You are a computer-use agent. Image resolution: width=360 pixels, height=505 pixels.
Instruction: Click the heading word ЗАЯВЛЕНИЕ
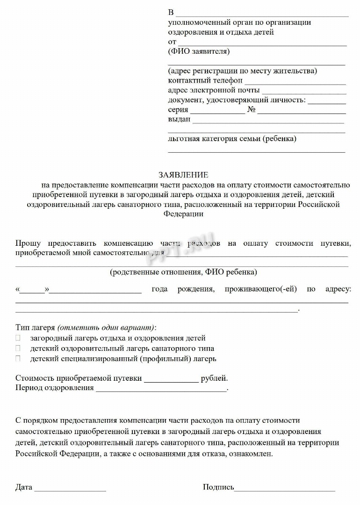click(x=183, y=175)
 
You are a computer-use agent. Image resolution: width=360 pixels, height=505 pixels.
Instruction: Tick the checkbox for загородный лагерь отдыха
click(x=18, y=338)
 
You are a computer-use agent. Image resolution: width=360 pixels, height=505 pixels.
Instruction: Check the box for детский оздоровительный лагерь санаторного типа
click(x=18, y=349)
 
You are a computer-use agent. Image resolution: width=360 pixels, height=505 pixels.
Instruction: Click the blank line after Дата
click(x=70, y=490)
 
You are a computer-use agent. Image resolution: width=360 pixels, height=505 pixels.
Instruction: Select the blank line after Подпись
click(x=285, y=490)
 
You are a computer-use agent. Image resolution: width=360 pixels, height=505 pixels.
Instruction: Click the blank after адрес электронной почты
click(x=304, y=92)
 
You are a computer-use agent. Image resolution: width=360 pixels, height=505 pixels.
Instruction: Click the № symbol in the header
click(x=251, y=110)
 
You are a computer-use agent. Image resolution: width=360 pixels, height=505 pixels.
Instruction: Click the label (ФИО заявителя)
click(x=199, y=51)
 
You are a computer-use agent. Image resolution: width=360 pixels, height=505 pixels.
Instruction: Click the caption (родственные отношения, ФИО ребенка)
click(x=183, y=272)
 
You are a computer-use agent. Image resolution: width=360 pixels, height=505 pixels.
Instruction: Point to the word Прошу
click(x=28, y=243)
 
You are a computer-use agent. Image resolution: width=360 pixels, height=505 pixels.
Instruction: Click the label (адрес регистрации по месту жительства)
click(x=243, y=71)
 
